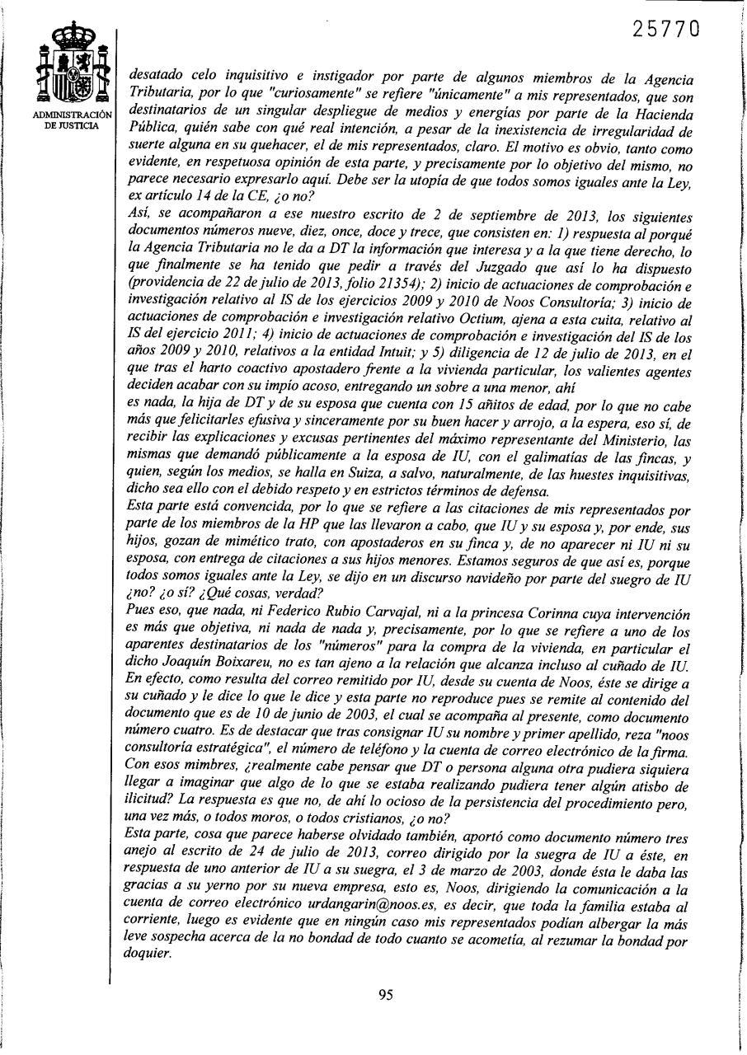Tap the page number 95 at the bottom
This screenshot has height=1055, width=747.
click(385, 994)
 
